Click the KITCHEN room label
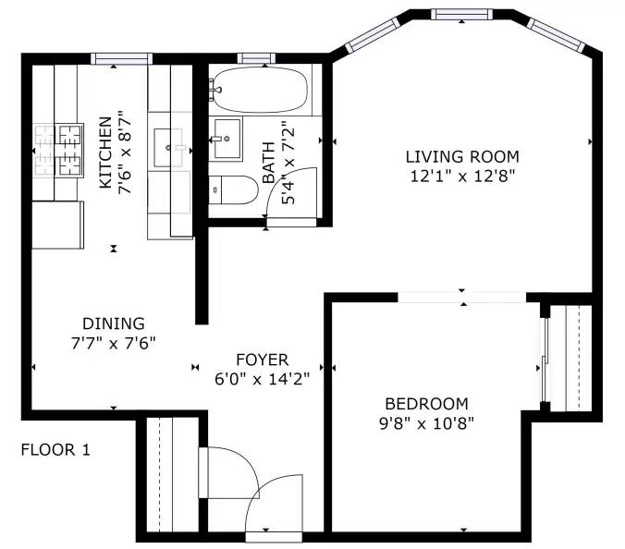105,152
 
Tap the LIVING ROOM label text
462,156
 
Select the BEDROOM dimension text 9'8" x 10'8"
426,423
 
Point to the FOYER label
263,360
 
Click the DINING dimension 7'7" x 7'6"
113,343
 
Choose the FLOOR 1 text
55,450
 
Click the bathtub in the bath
260,90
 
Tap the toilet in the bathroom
234,190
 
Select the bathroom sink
226,139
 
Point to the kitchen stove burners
59,151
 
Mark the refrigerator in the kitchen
58,226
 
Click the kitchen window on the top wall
121,59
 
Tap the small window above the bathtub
256,58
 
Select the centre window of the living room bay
461,15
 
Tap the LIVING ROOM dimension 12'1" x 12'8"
463,176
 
